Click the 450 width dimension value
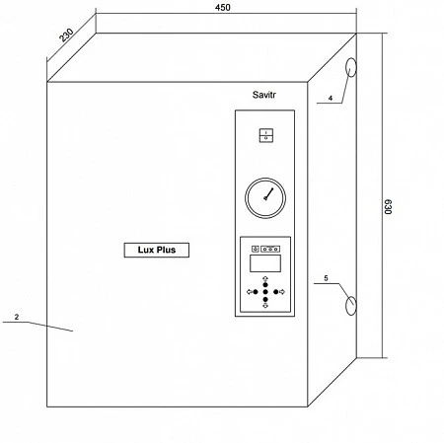(x=222, y=7)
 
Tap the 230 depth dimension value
(x=66, y=36)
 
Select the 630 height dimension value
(x=388, y=206)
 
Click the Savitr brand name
(x=263, y=95)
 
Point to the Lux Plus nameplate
(x=157, y=250)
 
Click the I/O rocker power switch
(x=266, y=135)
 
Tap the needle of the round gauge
(x=268, y=194)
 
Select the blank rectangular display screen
(x=265, y=263)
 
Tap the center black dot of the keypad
(x=265, y=292)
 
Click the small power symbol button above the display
(x=256, y=249)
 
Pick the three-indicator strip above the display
(x=270, y=249)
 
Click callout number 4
(x=331, y=98)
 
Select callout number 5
(x=326, y=278)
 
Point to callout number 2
(x=17, y=317)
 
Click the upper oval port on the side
(x=351, y=67)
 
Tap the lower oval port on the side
(x=351, y=306)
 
